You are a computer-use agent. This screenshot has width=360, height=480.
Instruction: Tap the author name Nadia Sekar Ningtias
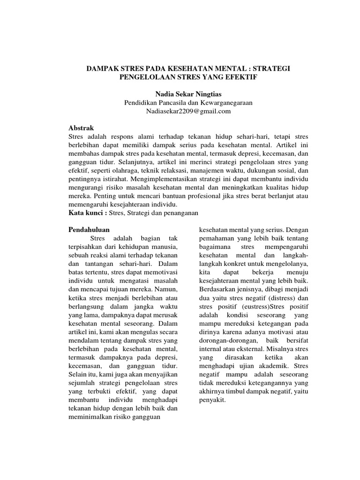(x=180, y=94)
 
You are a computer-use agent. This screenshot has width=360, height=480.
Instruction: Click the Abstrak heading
(x=81, y=127)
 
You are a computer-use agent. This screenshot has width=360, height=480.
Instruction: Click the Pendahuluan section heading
(x=89, y=230)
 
